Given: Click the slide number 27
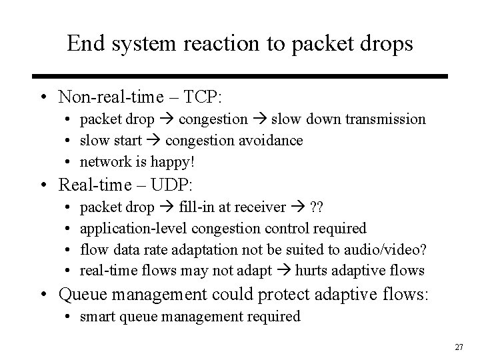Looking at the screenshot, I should coord(459,347).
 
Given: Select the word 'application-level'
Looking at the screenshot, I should coord(133,228).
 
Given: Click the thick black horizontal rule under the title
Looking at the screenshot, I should coord(240,77).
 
